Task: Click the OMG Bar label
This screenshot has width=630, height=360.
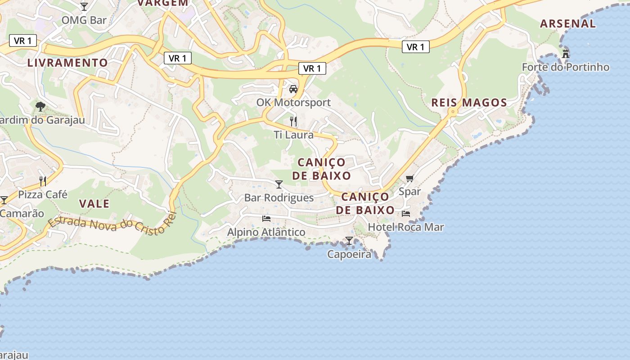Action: pos(84,20)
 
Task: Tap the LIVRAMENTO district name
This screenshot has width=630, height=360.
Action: pos(67,63)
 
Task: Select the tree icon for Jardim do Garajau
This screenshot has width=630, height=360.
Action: pos(40,107)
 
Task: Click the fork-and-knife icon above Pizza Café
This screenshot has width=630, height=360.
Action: pos(43,181)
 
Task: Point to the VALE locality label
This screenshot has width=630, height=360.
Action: pos(94,203)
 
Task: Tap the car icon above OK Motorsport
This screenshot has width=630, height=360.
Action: pos(293,89)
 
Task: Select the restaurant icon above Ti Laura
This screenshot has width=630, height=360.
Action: pos(293,121)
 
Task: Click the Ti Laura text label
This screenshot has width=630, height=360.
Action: pos(293,135)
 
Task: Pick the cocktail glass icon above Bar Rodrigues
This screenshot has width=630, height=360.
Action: pos(279,184)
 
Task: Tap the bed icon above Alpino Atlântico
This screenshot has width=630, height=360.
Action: pos(266,219)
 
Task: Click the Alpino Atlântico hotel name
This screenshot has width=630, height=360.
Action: pos(266,232)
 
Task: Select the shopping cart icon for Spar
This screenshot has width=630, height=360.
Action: pos(409,179)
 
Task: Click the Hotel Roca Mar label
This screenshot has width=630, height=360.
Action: pos(406,227)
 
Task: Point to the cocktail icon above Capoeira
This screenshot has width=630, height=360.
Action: pos(349,241)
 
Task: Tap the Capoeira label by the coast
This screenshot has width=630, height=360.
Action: pos(349,254)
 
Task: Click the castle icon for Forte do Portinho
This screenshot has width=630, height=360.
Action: pos(566,54)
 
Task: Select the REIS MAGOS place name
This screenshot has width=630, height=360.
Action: pos(469,103)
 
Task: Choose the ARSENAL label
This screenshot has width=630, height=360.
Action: pos(568,24)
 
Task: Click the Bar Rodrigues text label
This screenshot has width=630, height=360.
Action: pos(279,198)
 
